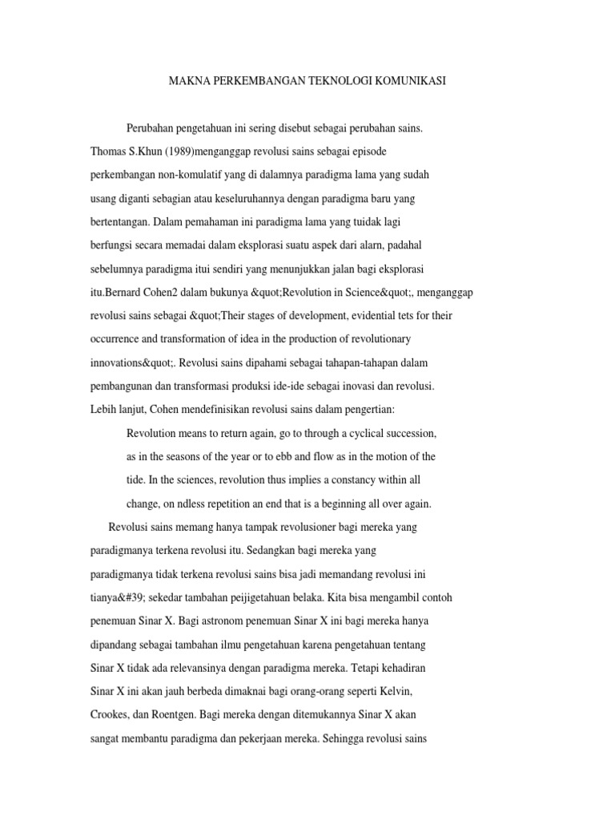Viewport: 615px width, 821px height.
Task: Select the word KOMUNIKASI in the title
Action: point(408,81)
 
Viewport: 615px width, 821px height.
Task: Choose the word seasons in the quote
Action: point(191,457)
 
